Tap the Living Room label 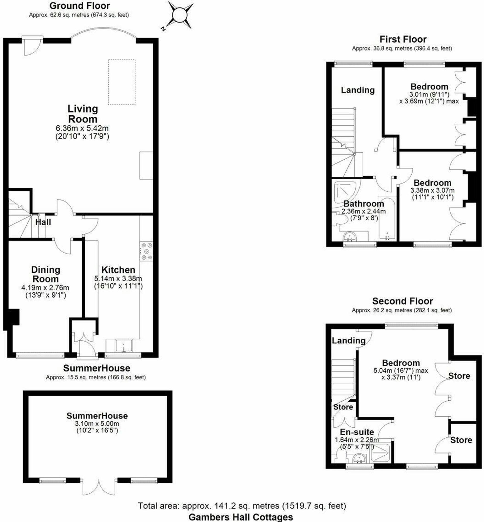pyautogui.click(x=83, y=114)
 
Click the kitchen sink pyautogui.click(x=124, y=346)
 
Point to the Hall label pyautogui.click(x=43, y=222)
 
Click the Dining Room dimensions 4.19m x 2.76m pyautogui.click(x=45, y=288)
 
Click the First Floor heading pyautogui.click(x=403, y=39)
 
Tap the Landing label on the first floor pyautogui.click(x=358, y=90)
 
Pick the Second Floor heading pyautogui.click(x=402, y=301)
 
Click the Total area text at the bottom pyautogui.click(x=242, y=506)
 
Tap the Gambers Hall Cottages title pyautogui.click(x=241, y=517)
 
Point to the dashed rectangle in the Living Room pyautogui.click(x=122, y=82)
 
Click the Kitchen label pyautogui.click(x=118, y=270)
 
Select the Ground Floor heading pyautogui.click(x=80, y=6)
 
